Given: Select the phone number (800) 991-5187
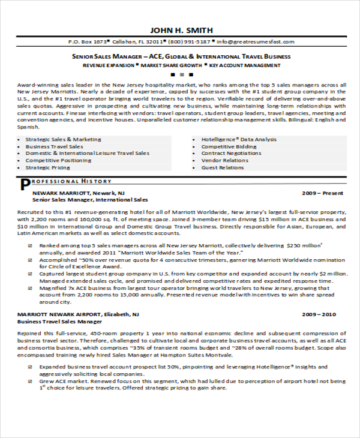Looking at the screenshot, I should [189, 42].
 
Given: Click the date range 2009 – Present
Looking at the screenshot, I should [323, 193].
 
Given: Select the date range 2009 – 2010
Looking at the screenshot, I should [319, 314].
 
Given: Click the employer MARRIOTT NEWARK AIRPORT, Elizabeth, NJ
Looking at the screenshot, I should [78, 314].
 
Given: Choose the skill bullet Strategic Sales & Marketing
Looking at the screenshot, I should [64, 139].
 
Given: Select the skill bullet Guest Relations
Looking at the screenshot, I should [222, 168].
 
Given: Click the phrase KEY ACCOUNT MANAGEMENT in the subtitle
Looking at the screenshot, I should [245, 64].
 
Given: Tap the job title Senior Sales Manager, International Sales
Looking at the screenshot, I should [90, 200].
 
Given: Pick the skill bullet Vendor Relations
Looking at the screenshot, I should [224, 161].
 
